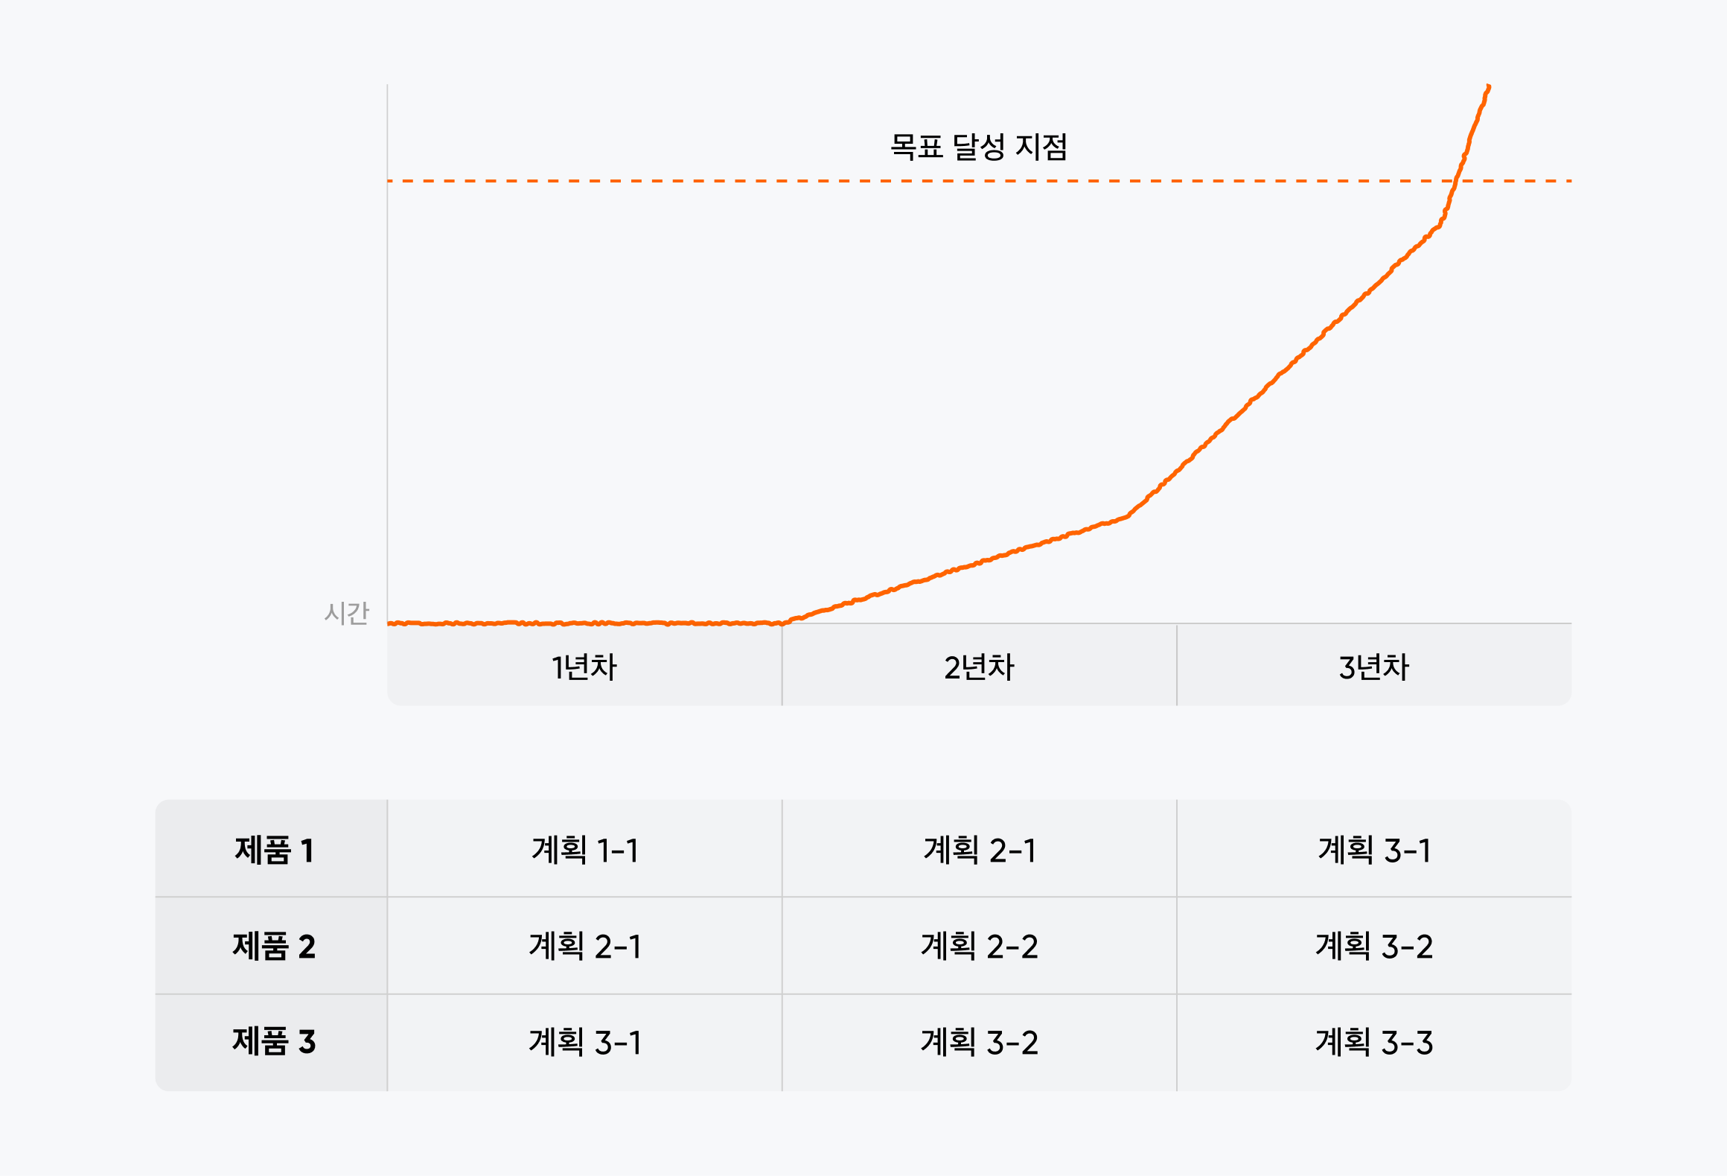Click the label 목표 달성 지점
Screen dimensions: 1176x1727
(978, 147)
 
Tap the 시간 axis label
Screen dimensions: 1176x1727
(346, 613)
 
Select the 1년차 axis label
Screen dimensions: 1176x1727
(584, 667)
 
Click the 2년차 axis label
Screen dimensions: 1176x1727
(979, 667)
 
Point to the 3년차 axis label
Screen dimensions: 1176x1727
(1373, 667)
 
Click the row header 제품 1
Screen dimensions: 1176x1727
(273, 850)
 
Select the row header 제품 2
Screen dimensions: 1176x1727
(273, 946)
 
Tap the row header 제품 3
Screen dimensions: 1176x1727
(273, 1041)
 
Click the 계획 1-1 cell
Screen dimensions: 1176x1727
(584, 850)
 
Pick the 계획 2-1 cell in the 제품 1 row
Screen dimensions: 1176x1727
(979, 850)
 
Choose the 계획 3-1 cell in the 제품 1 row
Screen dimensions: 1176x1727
(1373, 850)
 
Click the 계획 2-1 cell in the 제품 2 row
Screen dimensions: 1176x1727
(584, 946)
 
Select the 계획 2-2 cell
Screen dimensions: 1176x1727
(979, 946)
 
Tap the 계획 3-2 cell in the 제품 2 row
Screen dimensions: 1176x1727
(1373, 946)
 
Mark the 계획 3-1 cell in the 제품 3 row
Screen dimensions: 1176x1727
(584, 1041)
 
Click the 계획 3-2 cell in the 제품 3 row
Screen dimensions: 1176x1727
(979, 1041)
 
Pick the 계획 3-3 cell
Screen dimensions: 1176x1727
(1373, 1041)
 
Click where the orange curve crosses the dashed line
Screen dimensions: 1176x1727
(1456, 181)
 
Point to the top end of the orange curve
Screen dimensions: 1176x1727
(1488, 86)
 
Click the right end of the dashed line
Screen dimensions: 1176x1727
(1569, 181)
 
